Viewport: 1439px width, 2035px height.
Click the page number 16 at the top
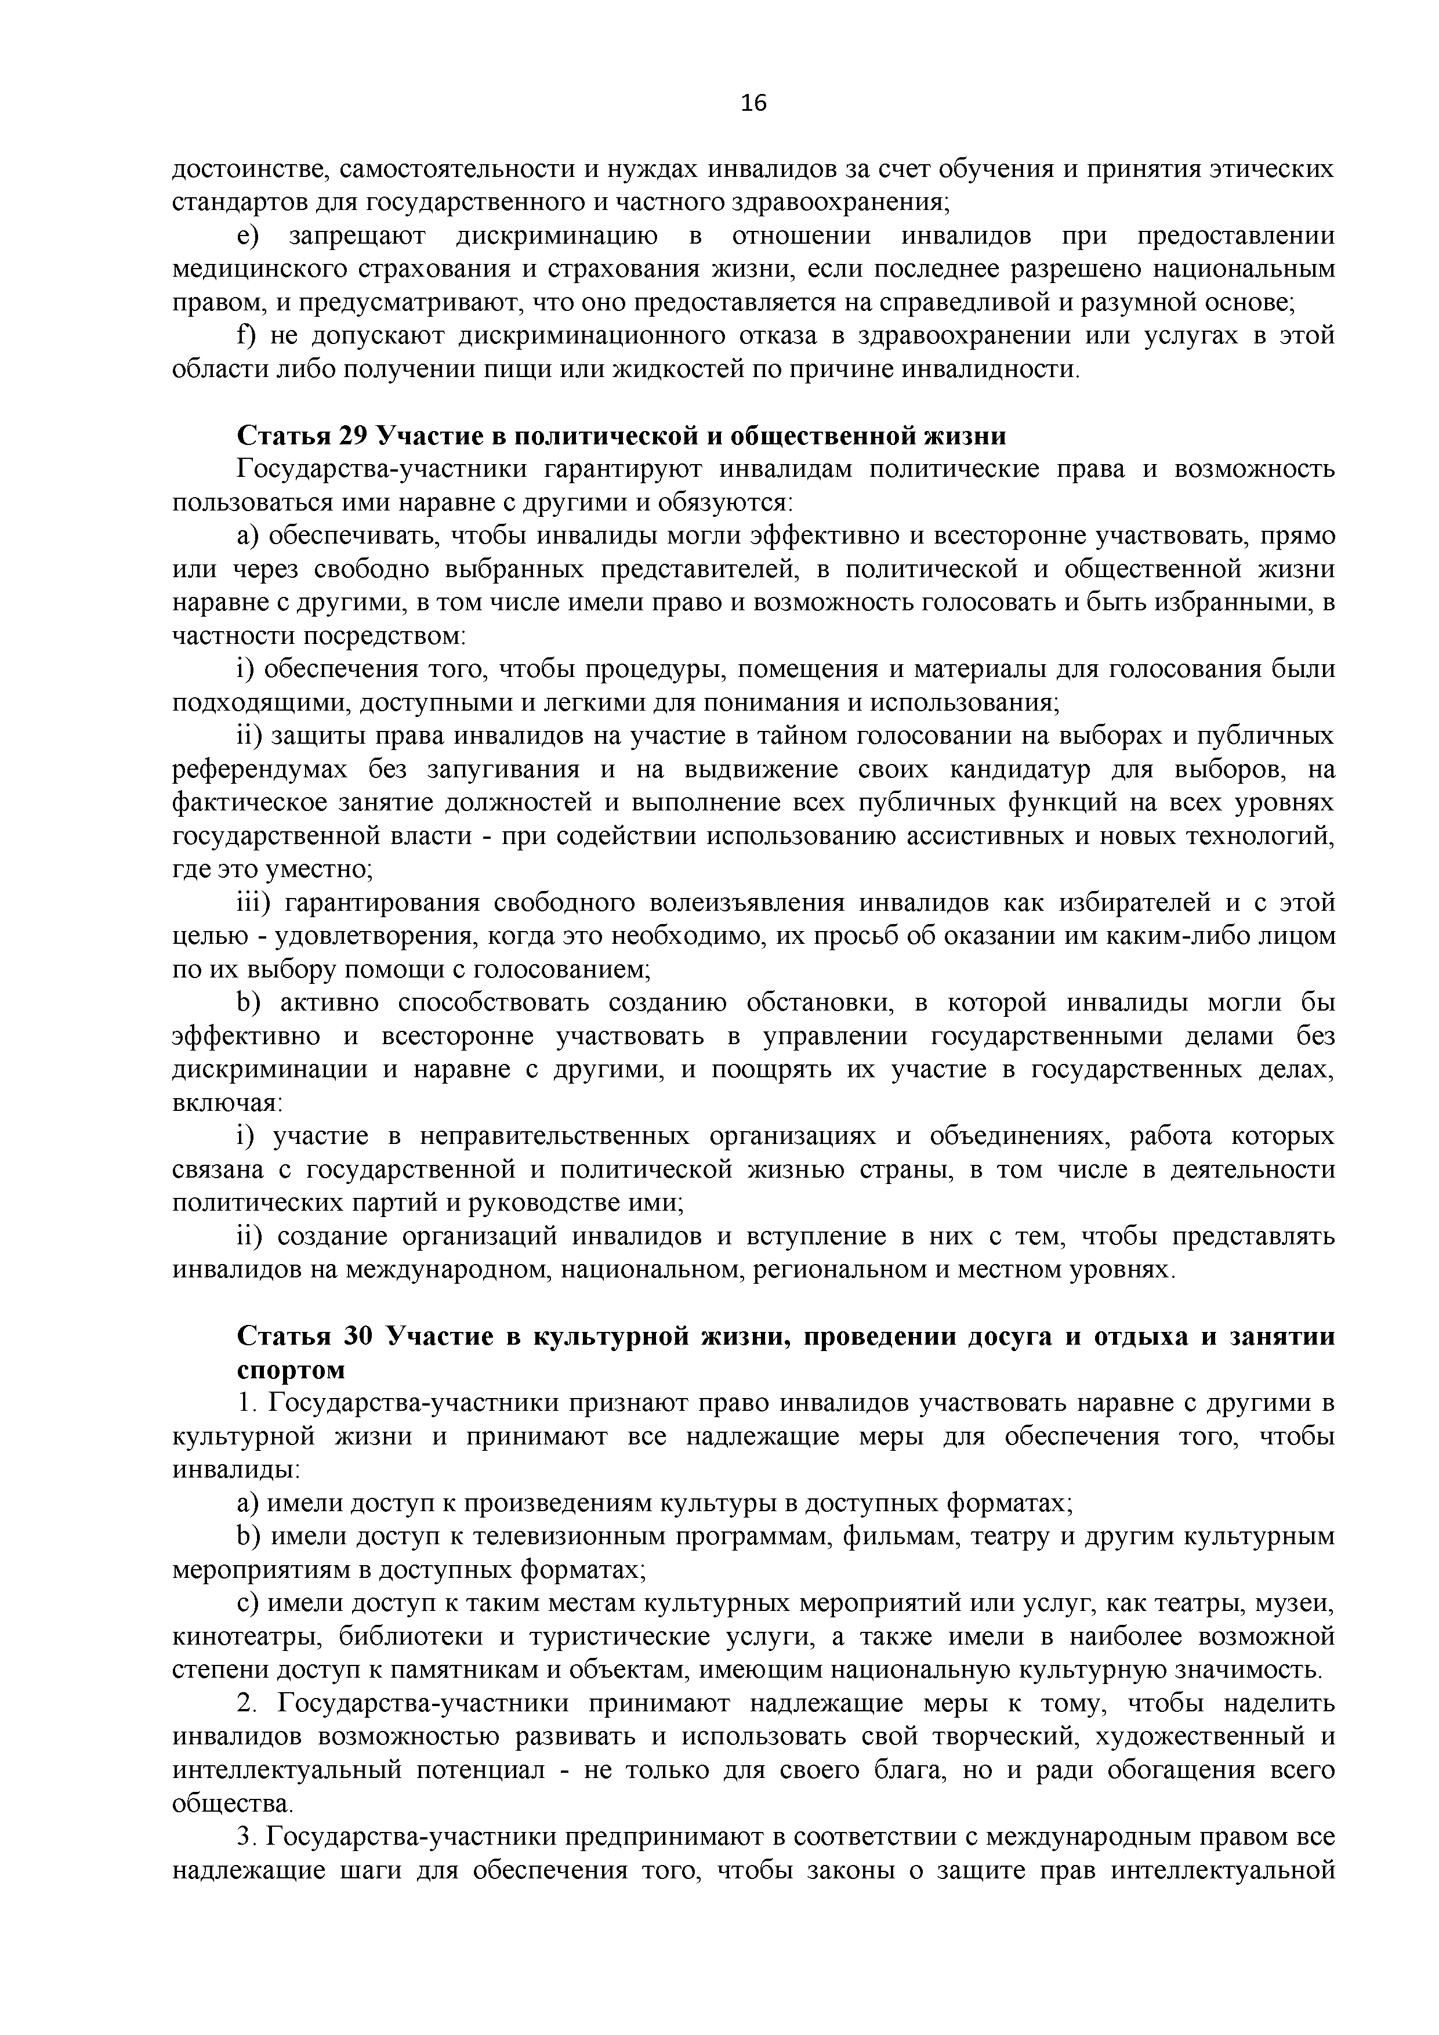click(x=753, y=104)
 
